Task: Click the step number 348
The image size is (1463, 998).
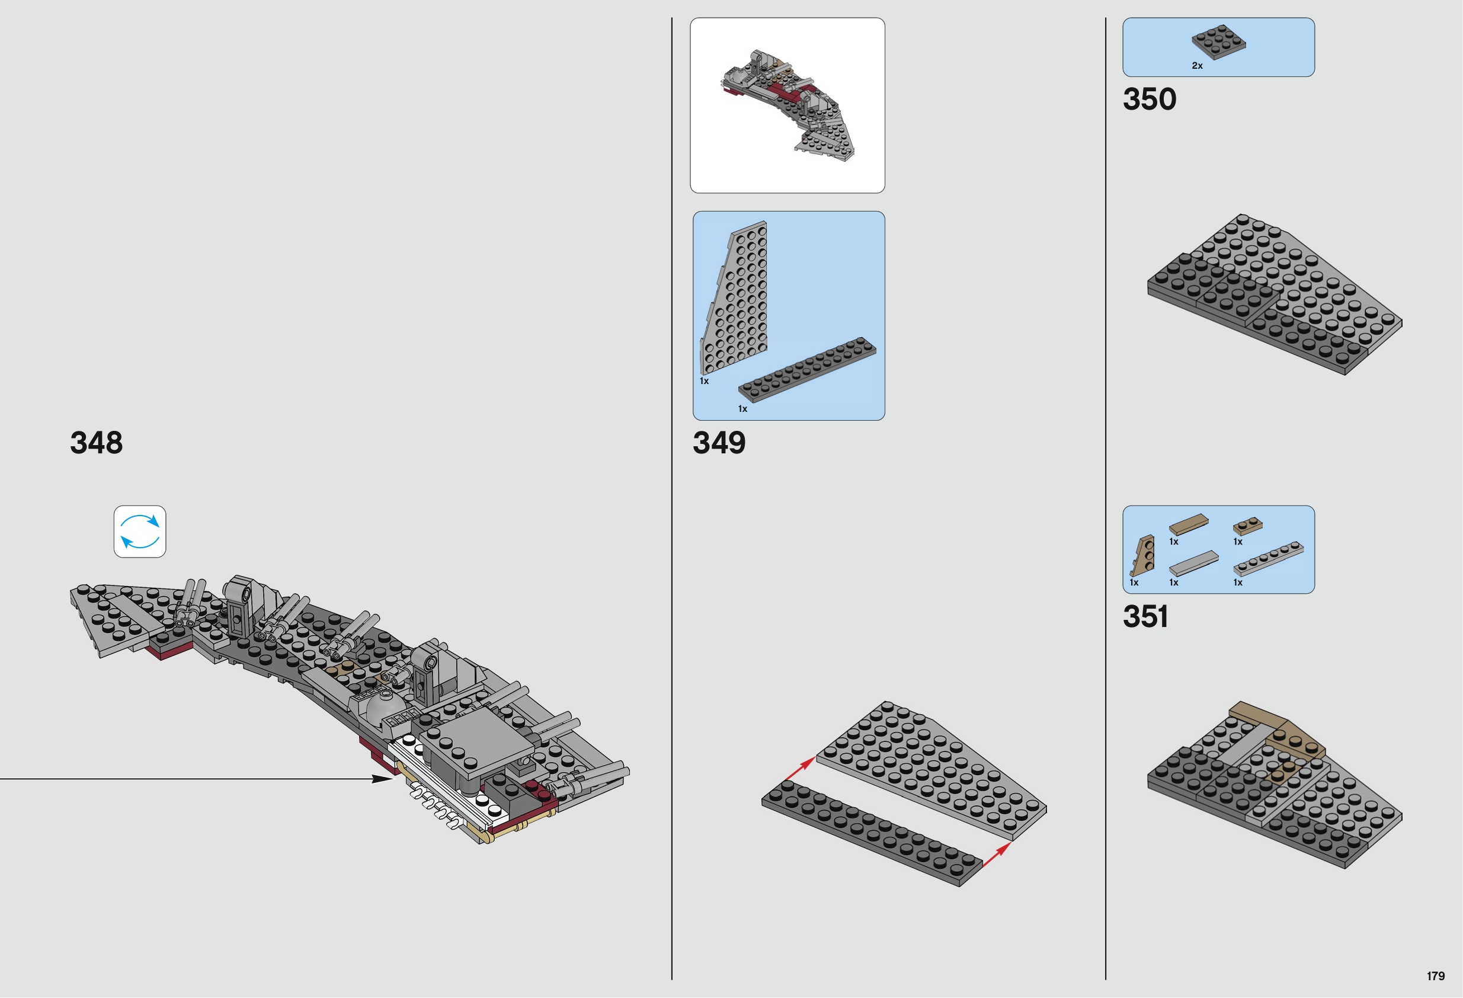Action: coord(97,443)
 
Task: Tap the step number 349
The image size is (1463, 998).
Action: coord(719,443)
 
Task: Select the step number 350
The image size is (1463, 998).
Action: coord(1150,99)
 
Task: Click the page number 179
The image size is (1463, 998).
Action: coord(1436,976)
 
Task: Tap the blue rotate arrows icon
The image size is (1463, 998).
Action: coord(140,532)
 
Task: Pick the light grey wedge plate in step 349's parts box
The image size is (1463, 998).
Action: coord(734,299)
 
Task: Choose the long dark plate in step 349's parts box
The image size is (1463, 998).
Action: coord(807,370)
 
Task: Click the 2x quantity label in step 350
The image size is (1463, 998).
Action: coord(1197,65)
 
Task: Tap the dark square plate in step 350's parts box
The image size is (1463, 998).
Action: coord(1218,42)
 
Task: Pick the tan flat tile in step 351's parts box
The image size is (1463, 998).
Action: coord(1189,524)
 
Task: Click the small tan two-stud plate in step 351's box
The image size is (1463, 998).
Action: coord(1248,526)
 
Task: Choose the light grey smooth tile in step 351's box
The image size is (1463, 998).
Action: coord(1193,563)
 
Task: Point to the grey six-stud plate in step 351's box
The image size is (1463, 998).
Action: coord(1269,558)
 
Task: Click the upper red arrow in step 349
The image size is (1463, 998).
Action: coord(800,769)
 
